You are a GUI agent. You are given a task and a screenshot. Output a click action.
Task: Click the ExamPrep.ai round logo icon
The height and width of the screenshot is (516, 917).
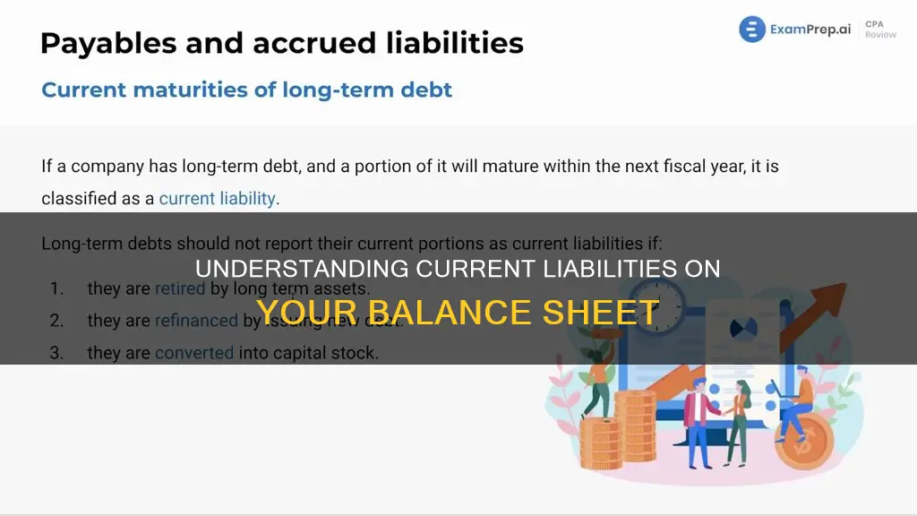[752, 30]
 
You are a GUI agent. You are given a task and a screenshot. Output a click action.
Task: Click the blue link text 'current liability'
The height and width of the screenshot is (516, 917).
[218, 198]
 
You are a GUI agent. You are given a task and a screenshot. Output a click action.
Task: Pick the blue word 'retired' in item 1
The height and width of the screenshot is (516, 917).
[180, 289]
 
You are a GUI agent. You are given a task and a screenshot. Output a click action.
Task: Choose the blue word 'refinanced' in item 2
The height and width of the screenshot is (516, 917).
[196, 321]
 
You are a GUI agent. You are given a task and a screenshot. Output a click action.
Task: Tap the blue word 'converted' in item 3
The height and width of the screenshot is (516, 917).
[193, 353]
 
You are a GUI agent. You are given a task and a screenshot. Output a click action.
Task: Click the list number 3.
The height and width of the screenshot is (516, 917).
[56, 353]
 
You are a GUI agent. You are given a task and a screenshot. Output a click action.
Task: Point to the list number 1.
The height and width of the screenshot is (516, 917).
[56, 289]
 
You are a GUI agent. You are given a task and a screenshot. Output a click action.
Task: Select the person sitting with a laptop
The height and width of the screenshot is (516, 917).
[802, 399]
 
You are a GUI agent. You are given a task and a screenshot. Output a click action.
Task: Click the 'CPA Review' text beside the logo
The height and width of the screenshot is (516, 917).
[879, 30]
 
